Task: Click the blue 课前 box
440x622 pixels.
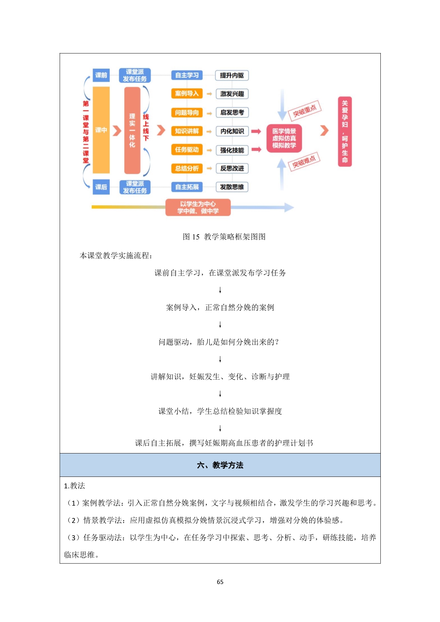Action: pyautogui.click(x=101, y=75)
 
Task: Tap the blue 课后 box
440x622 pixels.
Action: pyautogui.click(x=101, y=187)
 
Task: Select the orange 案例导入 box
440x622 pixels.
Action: pyautogui.click(x=187, y=94)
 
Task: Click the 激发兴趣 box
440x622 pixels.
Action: pyautogui.click(x=232, y=94)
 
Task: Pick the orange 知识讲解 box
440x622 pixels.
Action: pyautogui.click(x=187, y=131)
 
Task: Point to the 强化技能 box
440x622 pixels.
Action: pyautogui.click(x=232, y=150)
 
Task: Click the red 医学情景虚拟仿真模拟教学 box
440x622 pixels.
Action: pyautogui.click(x=284, y=138)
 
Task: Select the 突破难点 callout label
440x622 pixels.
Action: pyautogui.click(x=304, y=162)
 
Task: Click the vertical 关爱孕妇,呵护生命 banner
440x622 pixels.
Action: pyautogui.click(x=345, y=131)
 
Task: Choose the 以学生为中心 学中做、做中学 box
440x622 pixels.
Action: pyautogui.click(x=198, y=208)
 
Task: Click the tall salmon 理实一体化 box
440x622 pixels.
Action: pyautogui.click(x=132, y=130)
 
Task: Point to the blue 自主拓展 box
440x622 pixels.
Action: pyautogui.click(x=187, y=187)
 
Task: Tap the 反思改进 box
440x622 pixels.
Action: pyautogui.click(x=232, y=169)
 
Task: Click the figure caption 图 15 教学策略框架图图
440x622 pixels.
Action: pyautogui.click(x=224, y=237)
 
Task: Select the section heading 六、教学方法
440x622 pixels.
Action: pyautogui.click(x=220, y=465)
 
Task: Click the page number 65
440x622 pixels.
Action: pyautogui.click(x=220, y=582)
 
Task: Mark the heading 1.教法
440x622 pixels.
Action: pyautogui.click(x=75, y=486)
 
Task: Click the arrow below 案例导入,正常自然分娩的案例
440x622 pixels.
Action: pyautogui.click(x=220, y=325)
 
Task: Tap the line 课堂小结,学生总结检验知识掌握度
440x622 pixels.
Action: pyautogui.click(x=220, y=411)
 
